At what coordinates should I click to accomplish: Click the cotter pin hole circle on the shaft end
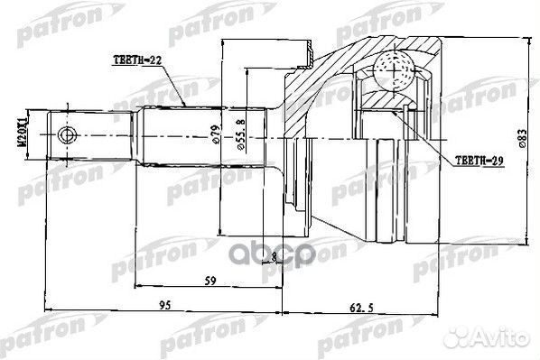coord(65,136)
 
